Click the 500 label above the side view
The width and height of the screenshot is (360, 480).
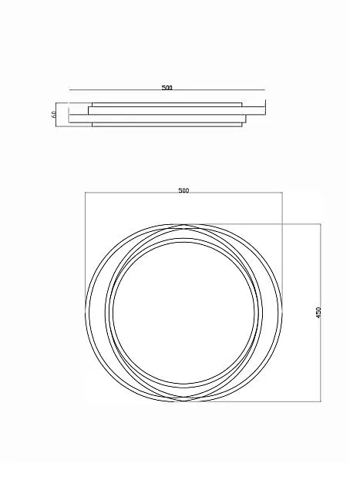pyautogui.click(x=167, y=88)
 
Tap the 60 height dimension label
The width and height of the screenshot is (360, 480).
pyautogui.click(x=54, y=115)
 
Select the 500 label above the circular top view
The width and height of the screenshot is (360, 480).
pyautogui.click(x=183, y=190)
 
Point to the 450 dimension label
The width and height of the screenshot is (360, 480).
pyautogui.click(x=318, y=313)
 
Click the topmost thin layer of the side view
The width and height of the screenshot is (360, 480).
pyautogui.click(x=167, y=105)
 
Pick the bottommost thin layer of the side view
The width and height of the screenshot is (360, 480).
pyautogui.click(x=167, y=124)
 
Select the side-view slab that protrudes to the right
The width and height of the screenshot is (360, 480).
pyautogui.click(x=177, y=110)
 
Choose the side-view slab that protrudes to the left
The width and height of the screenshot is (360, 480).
pyautogui.click(x=157, y=119)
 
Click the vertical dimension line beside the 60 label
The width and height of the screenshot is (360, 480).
pyautogui.click(x=56, y=115)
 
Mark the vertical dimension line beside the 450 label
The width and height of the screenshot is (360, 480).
pyautogui.click(x=321, y=313)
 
